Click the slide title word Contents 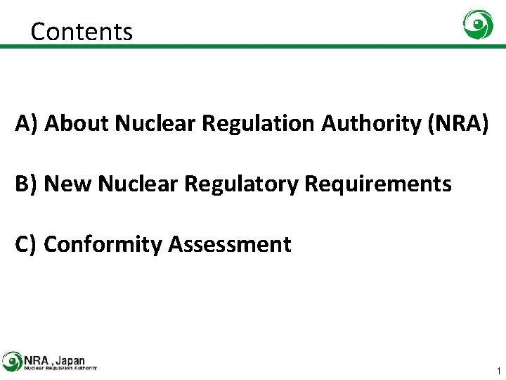pyautogui.click(x=82, y=32)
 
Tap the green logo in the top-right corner pyautogui.click(x=478, y=25)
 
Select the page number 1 pyautogui.click(x=498, y=370)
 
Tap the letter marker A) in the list pyautogui.click(x=27, y=123)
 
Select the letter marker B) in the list pyautogui.click(x=27, y=184)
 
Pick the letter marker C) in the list pyautogui.click(x=27, y=244)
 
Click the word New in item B pyautogui.click(x=68, y=184)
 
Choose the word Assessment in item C pyautogui.click(x=229, y=244)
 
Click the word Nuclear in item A pyautogui.click(x=155, y=123)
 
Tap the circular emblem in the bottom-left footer pyautogui.click(x=12, y=361)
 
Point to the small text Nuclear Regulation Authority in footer pyautogui.click(x=60, y=367)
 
